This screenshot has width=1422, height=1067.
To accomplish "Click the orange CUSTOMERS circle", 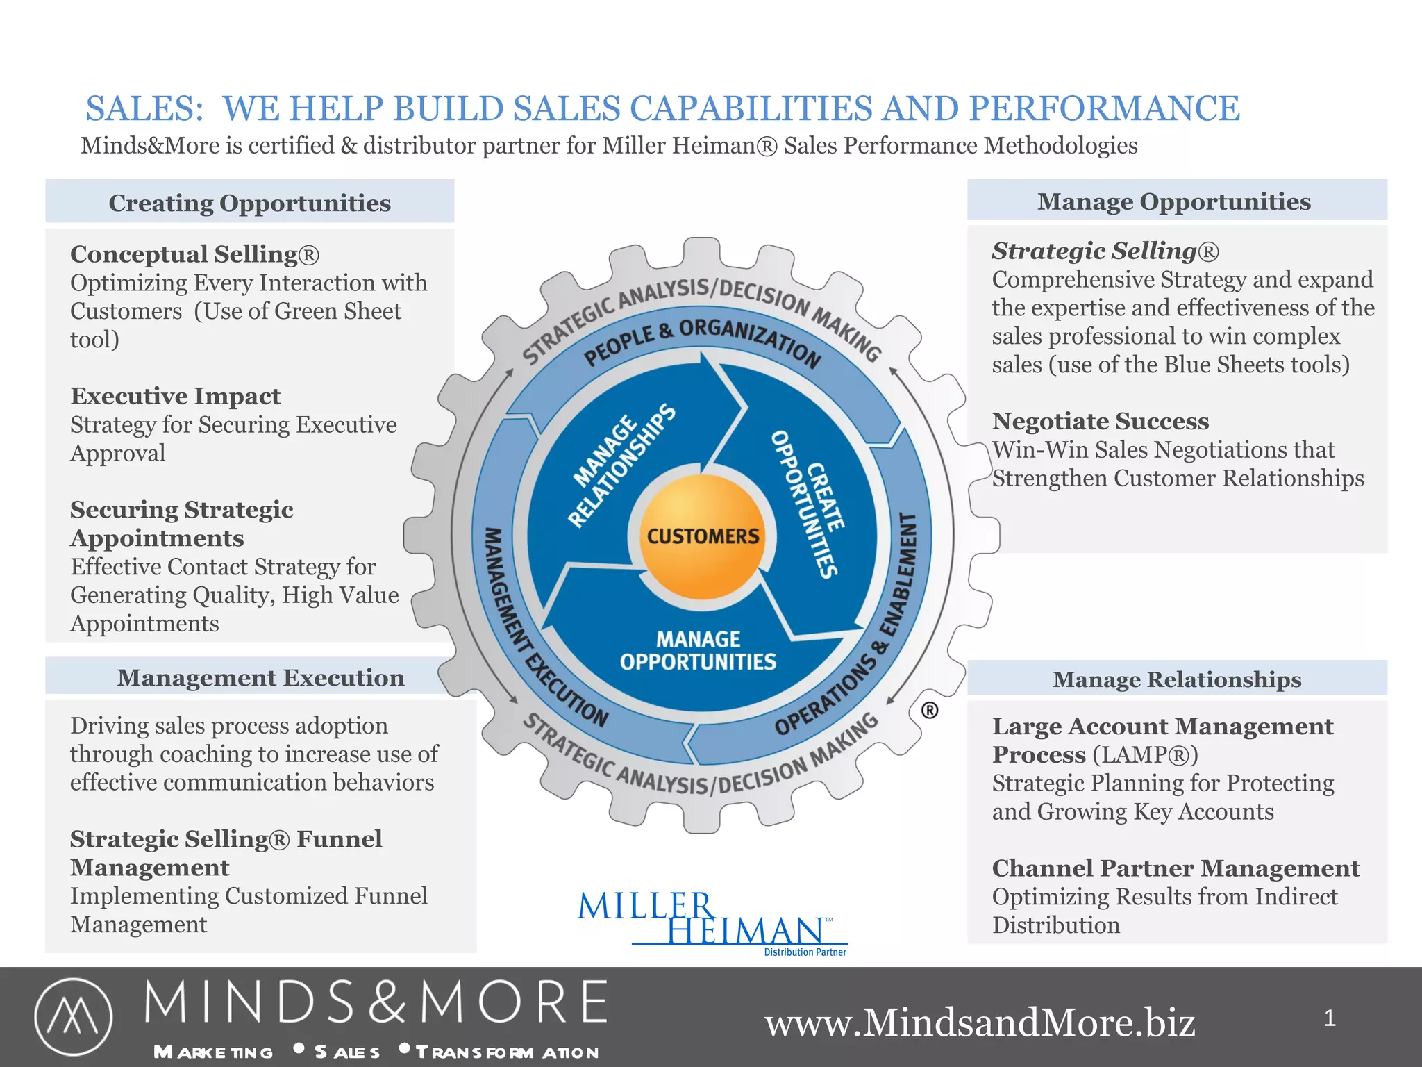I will (703, 536).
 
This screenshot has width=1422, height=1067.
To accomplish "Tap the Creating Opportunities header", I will (249, 202).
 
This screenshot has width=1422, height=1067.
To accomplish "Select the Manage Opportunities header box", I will (1176, 201).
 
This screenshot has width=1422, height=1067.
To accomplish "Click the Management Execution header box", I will (260, 677).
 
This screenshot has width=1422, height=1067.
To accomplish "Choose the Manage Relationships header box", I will (1176, 679).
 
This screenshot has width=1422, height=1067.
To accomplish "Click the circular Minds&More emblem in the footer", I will (73, 1016).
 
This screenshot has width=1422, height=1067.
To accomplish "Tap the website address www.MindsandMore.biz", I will (980, 1023).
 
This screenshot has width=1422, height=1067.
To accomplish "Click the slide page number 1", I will (1329, 1018).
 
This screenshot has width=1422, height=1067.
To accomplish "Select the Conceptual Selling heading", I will (194, 254).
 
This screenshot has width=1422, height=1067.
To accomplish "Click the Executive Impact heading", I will (175, 396).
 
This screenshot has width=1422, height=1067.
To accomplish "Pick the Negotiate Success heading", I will (1100, 421).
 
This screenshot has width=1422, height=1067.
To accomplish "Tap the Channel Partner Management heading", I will (1175, 868).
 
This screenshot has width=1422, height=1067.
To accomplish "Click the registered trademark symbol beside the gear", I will (929, 710).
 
